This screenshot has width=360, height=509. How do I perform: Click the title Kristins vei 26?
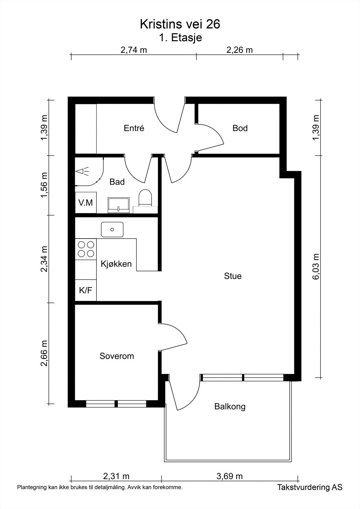[x=180, y=24]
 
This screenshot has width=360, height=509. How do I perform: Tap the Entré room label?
[x=134, y=128]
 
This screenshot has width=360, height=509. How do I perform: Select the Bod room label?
[x=240, y=128]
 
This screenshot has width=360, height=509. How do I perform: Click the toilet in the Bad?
[x=145, y=198]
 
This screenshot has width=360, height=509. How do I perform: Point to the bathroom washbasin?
[x=119, y=205]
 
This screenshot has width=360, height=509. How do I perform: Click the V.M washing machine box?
[x=86, y=203]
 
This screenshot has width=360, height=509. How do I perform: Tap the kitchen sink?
[x=112, y=229]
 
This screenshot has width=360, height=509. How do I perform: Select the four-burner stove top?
[x=86, y=249]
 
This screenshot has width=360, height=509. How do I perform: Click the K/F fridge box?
[x=86, y=290]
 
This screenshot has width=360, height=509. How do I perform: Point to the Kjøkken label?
[x=116, y=264]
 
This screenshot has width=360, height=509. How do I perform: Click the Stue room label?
[x=233, y=276]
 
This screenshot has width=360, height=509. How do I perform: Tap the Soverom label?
[x=117, y=356]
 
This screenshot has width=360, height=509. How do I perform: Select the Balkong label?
[x=230, y=406]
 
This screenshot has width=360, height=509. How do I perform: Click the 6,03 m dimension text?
[x=316, y=266]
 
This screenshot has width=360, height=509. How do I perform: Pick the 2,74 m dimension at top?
[x=134, y=50]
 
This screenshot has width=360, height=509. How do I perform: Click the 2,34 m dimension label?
[x=44, y=259]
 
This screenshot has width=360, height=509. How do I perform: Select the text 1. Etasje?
[x=180, y=38]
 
